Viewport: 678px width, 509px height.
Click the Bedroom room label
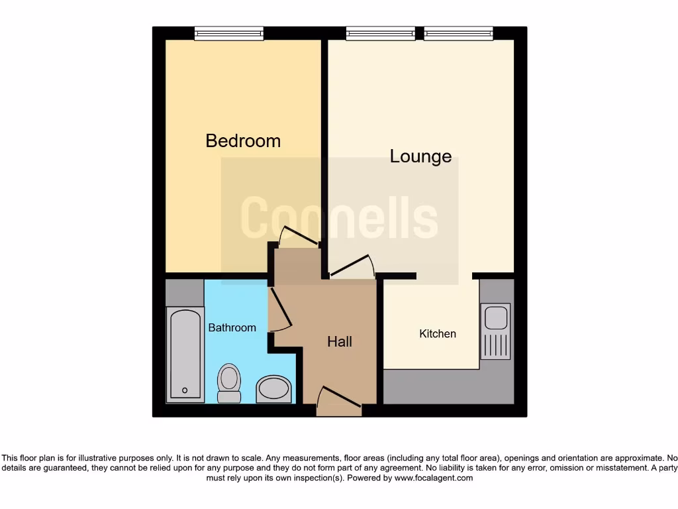pos(243,141)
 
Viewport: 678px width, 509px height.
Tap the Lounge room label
pos(420,156)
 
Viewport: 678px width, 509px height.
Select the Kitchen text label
pos(438,333)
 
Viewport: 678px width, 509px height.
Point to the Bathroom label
pos(232,327)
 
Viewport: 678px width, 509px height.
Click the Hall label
pos(340,342)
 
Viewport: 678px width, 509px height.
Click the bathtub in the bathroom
pos(185,355)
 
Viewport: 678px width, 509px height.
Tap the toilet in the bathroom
pos(229,383)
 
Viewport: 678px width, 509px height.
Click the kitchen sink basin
pos(497,317)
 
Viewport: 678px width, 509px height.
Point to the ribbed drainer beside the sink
pos(497,345)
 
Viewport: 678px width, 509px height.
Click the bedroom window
pos(229,33)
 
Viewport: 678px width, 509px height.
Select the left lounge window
pos(381,33)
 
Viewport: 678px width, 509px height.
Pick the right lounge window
pos(458,33)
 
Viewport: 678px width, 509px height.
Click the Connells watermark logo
pos(339,218)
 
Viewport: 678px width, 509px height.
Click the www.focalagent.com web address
pos(434,478)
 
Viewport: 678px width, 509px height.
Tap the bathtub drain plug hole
pos(185,390)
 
